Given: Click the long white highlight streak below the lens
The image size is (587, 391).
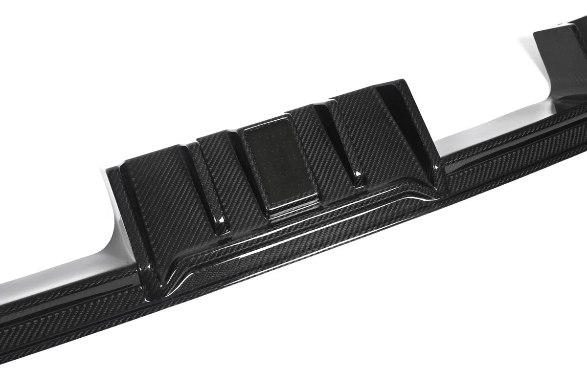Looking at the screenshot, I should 313,215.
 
